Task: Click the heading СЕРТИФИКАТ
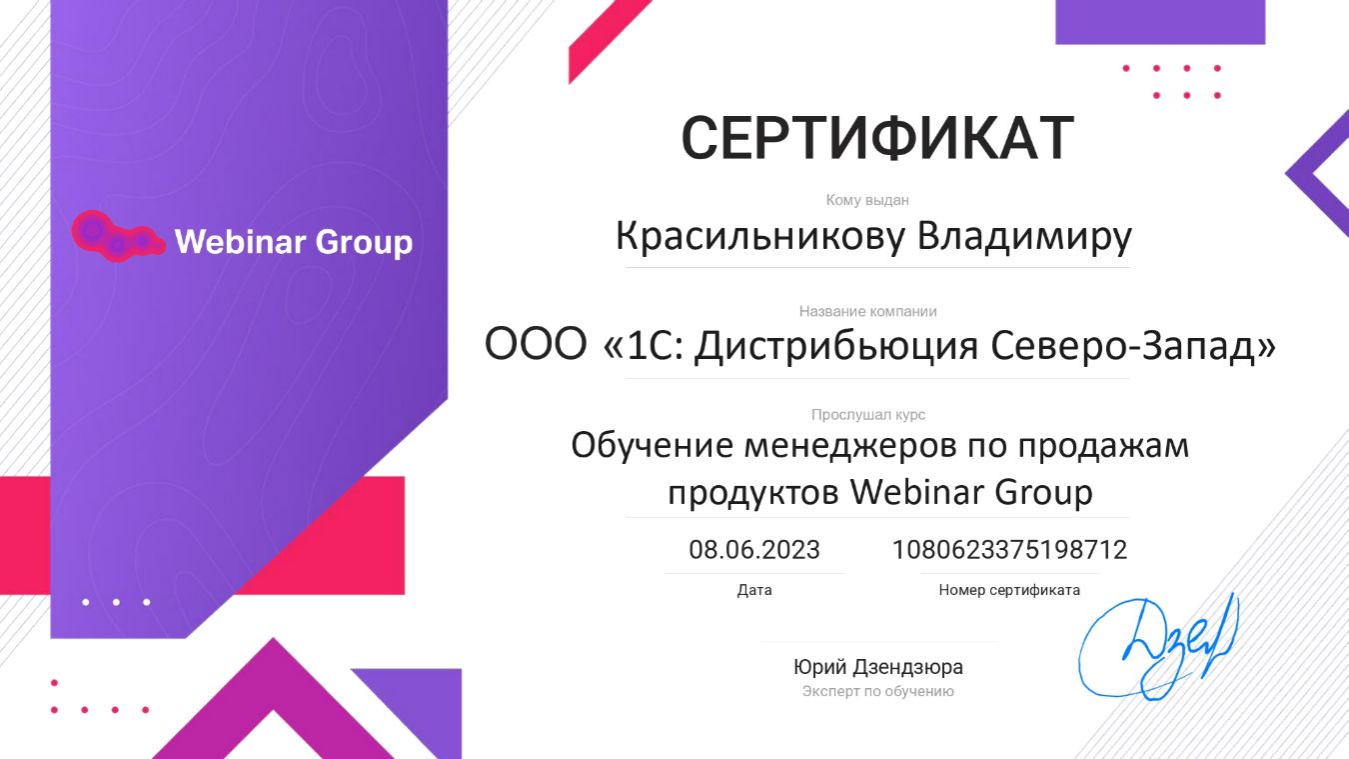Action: click(x=877, y=138)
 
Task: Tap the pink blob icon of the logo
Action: click(x=118, y=236)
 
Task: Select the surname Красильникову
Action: click(x=760, y=236)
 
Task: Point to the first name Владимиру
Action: click(x=1024, y=236)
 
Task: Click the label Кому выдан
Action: click(x=867, y=200)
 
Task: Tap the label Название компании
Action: click(x=867, y=311)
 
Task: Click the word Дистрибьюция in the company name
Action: click(x=836, y=346)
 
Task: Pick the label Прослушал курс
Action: click(x=867, y=415)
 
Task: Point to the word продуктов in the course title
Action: click(x=753, y=493)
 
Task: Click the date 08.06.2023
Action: click(x=754, y=550)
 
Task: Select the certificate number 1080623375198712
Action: click(x=1009, y=550)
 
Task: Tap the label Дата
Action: click(x=754, y=590)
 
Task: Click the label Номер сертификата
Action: click(x=1009, y=590)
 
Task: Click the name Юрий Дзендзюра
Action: click(x=878, y=667)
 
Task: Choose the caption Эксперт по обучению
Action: click(x=878, y=691)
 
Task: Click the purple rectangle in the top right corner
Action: click(x=1160, y=22)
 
